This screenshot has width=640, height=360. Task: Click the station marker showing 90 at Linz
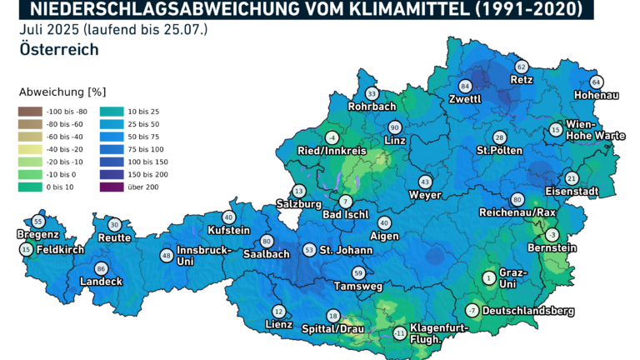pos(395,127)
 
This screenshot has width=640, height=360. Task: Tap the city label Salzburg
pos(297,204)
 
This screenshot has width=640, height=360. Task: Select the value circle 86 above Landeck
pos(101,268)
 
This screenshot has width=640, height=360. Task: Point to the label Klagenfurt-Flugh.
pos(439,332)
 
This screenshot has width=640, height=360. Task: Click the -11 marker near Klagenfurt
pos(401,333)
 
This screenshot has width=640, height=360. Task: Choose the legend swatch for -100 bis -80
pos(30,111)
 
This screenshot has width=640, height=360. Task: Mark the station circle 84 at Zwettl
pos(465,87)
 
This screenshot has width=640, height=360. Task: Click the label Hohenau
pos(597,96)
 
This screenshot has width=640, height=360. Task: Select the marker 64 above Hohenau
pos(596,82)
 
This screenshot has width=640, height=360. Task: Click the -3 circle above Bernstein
pos(552,234)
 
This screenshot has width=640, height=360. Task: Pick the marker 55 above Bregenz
pos(37,221)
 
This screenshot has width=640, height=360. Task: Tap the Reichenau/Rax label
pos(517,212)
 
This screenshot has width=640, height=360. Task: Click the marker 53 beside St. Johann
pos(310,249)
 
